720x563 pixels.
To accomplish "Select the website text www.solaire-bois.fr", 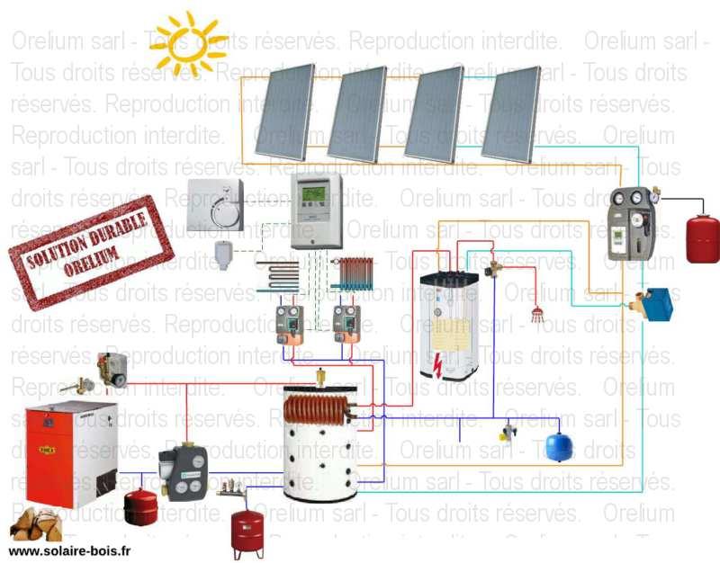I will click(x=70, y=550).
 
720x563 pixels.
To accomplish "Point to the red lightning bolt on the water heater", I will click(x=437, y=362).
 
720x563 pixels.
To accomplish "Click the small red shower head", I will click(x=539, y=314).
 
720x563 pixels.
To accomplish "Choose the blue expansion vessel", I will click(x=559, y=446).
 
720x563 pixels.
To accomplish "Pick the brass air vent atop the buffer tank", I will click(x=320, y=379).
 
